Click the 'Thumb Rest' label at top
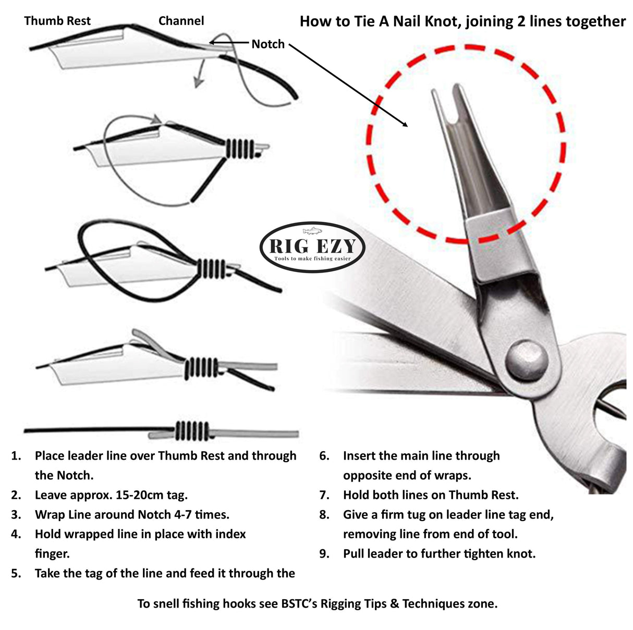pos(57,21)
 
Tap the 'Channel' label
pos(181,21)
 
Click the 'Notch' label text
pos(268,44)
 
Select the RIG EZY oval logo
pos(312,248)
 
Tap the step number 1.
pos(16,456)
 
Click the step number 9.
pos(324,554)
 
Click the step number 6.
pos(324,456)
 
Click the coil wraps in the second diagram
pos(239,149)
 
